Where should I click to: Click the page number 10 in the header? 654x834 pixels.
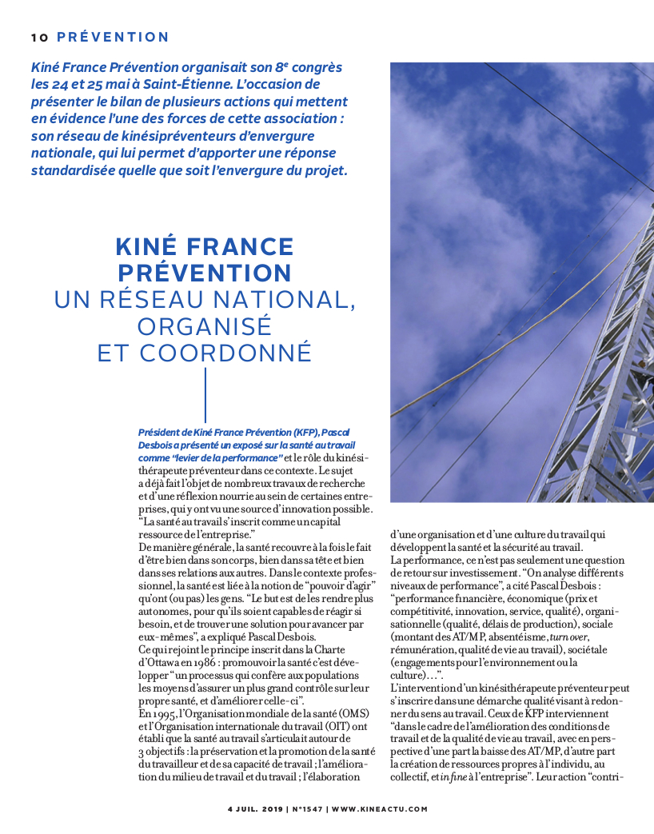[x=39, y=38]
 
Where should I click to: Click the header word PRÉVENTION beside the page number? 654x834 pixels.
[x=114, y=38]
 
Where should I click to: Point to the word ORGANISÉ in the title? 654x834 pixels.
[x=205, y=326]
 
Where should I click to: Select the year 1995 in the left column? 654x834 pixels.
[x=149, y=712]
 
